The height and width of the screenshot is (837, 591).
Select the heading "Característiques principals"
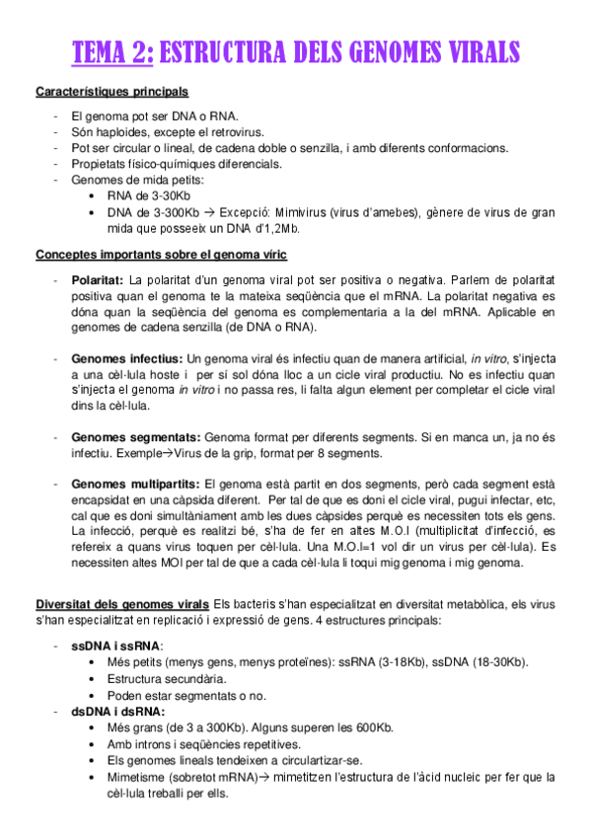pos(111,93)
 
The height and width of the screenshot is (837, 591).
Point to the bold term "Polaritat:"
pos(97,279)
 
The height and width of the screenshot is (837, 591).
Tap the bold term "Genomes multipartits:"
pos(135,484)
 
